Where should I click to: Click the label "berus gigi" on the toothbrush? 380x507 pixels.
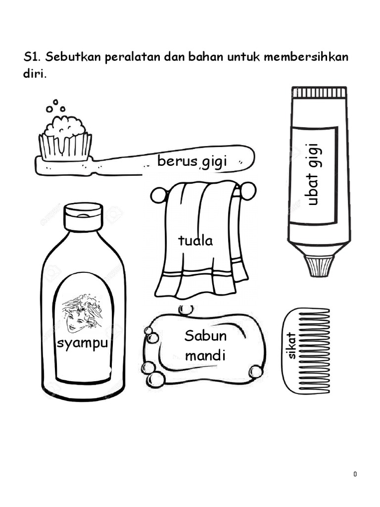point(192,161)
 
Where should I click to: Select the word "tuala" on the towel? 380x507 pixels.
point(195,241)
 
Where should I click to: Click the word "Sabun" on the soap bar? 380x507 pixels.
point(205,336)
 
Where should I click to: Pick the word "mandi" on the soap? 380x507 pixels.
point(205,355)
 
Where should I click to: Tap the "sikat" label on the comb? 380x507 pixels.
point(291,346)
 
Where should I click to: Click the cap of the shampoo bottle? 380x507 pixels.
point(83,217)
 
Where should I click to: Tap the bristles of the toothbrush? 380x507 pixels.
point(65,147)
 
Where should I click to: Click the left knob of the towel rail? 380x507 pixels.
point(158,196)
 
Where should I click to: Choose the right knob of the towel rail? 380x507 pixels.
point(248,191)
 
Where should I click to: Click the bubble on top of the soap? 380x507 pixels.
point(186,310)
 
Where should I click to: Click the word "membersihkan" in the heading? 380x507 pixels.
point(306,57)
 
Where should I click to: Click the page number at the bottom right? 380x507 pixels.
point(355,474)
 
